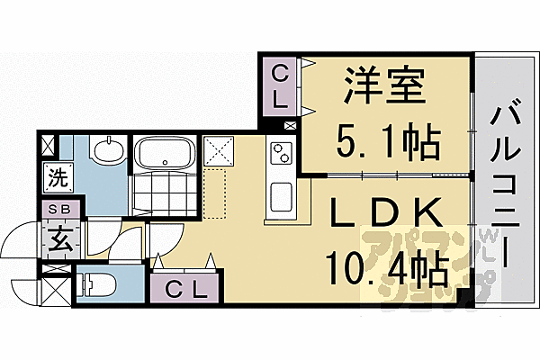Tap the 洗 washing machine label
tap(56, 177)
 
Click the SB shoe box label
tap(56, 210)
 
